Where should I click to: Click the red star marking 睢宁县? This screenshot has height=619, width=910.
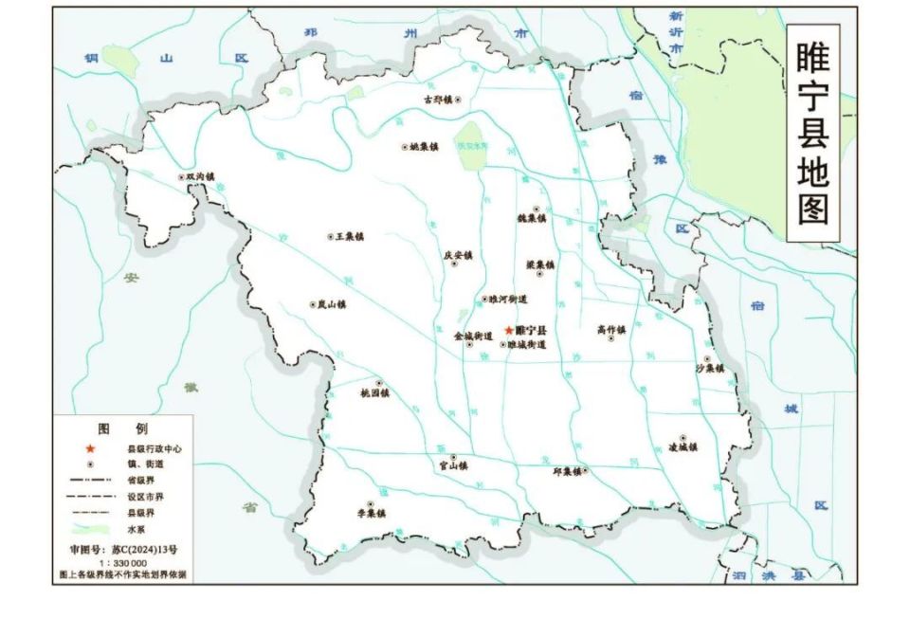click(509, 330)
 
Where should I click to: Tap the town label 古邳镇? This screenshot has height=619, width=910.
click(437, 99)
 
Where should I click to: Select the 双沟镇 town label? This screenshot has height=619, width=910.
click(200, 176)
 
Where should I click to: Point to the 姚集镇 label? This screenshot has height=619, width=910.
click(423, 147)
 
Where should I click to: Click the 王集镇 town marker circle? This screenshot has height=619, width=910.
click(330, 236)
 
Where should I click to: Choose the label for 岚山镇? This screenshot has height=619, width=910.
click(332, 304)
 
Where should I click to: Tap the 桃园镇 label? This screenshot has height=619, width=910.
click(375, 392)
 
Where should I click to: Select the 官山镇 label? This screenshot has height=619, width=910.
click(452, 465)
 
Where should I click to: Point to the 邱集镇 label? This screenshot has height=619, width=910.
click(566, 470)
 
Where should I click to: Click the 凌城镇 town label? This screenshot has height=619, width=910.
click(682, 447)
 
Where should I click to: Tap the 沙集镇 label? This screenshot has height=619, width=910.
click(709, 368)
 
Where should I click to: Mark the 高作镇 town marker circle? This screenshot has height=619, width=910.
click(610, 338)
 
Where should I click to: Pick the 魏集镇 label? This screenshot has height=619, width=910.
click(532, 218)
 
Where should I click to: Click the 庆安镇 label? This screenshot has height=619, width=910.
click(458, 255)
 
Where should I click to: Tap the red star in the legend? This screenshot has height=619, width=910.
click(90, 447)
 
